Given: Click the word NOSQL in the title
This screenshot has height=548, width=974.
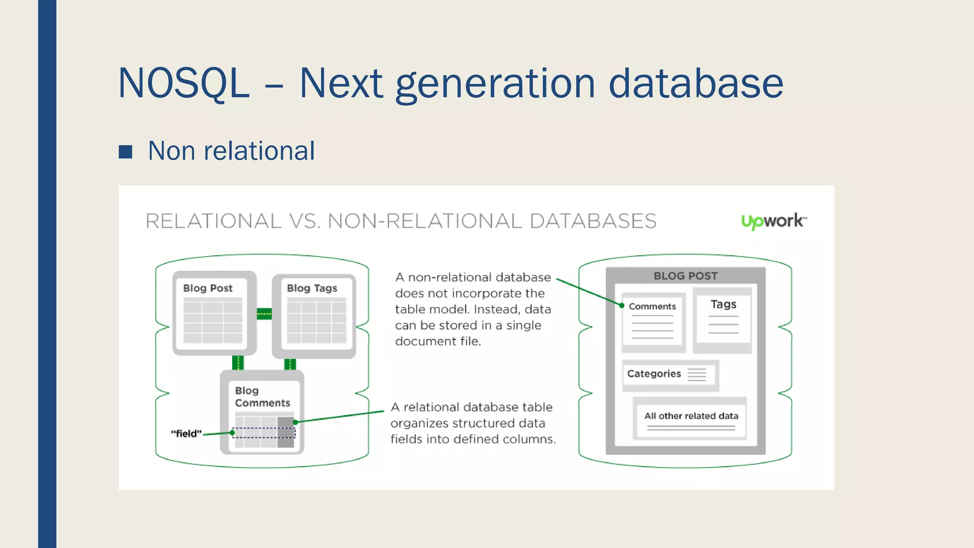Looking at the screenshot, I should point(184,84).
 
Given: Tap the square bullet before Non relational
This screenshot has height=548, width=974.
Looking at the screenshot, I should point(126,152).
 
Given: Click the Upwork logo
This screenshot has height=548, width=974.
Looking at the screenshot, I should point(774,221).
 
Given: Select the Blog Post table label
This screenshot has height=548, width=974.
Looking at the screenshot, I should point(208,288).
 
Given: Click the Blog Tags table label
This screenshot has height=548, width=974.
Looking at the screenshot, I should point(312,288).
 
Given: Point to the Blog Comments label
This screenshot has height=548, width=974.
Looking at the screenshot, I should point(262,397).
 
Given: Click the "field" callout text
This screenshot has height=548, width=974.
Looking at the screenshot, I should point(186,433).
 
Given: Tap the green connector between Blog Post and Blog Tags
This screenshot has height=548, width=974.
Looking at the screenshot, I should point(264,314).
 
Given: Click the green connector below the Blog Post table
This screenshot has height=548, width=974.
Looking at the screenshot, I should point(238,363).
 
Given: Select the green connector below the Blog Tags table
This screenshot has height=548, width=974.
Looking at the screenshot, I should point(290,364).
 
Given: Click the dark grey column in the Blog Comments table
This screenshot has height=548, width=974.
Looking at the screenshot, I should point(286,432).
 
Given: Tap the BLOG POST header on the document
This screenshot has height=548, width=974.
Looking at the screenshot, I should point(685,276).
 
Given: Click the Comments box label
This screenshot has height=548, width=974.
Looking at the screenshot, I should point(652,306).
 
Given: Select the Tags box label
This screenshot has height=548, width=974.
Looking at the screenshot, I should point(723,304).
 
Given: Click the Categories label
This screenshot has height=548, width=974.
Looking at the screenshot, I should point(654,374).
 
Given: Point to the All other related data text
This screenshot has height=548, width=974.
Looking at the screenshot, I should point(691,416).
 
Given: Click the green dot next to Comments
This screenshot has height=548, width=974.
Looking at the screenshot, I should point(622,305).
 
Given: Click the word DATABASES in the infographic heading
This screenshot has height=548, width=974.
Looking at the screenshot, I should point(593,221).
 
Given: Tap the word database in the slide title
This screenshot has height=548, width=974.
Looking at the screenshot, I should point(696,84).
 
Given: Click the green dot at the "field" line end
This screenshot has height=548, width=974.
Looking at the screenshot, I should point(232,432).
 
